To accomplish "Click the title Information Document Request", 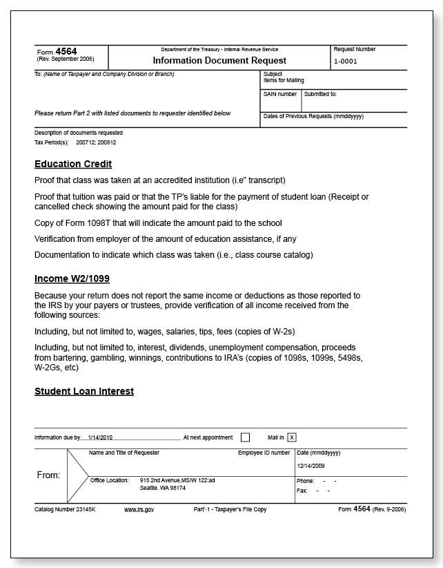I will click(x=219, y=60).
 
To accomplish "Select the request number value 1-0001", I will click(x=346, y=61).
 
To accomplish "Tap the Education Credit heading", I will click(x=73, y=164).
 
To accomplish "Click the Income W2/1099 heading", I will click(x=72, y=278).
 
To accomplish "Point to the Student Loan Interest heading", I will click(x=84, y=391).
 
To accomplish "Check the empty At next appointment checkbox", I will click(x=245, y=437).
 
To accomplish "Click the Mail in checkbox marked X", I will click(x=292, y=437).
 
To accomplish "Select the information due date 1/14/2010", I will click(x=101, y=437).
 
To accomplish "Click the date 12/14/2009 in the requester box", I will click(x=311, y=466).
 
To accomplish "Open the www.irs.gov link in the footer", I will click(x=139, y=509).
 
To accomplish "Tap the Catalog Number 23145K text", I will click(x=64, y=509).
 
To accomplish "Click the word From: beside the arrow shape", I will click(x=48, y=475).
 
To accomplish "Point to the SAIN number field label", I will click(x=280, y=94).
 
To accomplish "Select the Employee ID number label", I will click(x=264, y=453).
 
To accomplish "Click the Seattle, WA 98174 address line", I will click(x=163, y=487).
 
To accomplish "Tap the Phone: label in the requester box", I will click(x=305, y=480).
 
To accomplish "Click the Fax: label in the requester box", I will click(x=302, y=491).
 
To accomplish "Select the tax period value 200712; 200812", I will click(x=96, y=142).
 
